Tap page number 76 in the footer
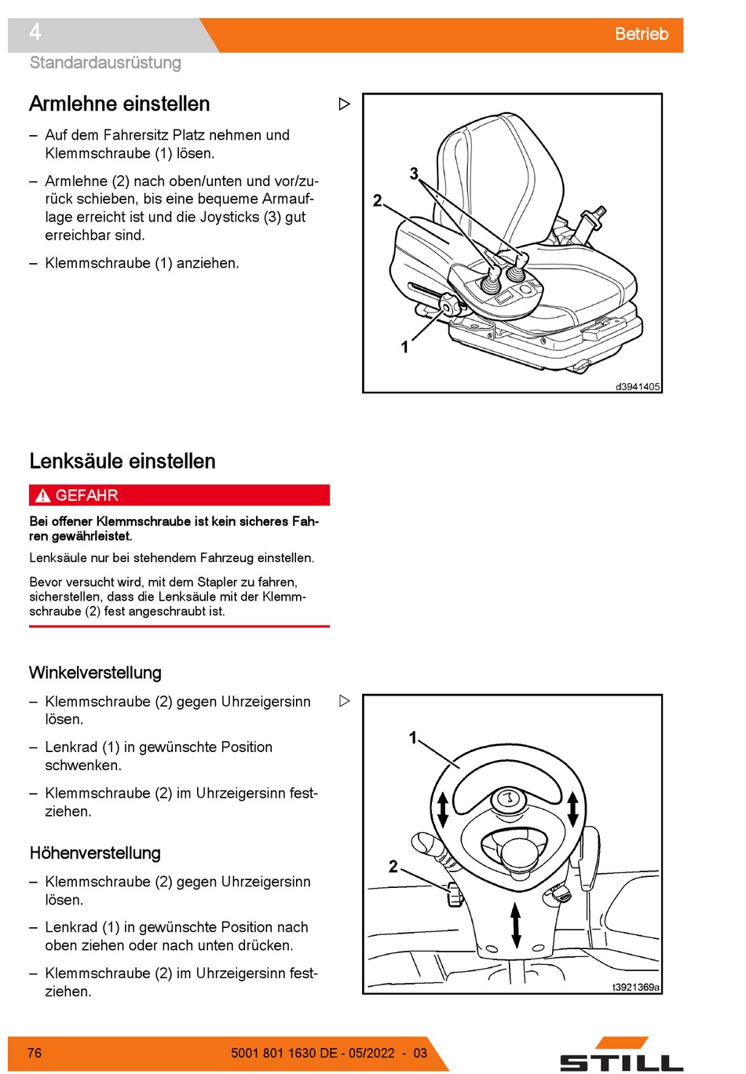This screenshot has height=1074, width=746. point(35,1053)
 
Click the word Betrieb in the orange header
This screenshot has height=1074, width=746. point(641,34)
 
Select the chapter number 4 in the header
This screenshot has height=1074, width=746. point(35,32)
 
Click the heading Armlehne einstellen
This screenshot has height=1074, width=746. point(119,104)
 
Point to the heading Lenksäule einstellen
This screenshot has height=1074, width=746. point(123,461)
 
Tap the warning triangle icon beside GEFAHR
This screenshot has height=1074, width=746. point(42,495)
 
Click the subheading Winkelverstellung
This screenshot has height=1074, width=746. point(95,672)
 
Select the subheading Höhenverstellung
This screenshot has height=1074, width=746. point(95,853)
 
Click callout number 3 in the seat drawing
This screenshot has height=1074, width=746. point(414,173)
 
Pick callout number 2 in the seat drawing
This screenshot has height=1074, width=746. point(377,200)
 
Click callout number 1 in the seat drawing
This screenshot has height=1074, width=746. point(404,346)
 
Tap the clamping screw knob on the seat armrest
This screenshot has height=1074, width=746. point(450,305)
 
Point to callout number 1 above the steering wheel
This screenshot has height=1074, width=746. point(412,737)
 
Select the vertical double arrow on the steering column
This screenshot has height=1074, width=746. point(515,926)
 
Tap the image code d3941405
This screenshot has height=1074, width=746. point(637,386)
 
